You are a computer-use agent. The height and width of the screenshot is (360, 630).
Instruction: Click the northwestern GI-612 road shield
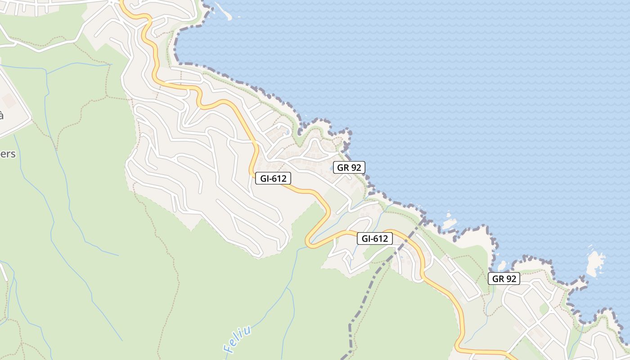pos(273,178)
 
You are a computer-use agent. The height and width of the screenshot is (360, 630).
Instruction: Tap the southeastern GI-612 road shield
pos(375,238)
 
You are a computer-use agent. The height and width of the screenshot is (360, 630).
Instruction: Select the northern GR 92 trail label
pos(349,167)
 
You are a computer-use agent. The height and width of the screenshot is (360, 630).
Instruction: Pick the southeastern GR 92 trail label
pos(504,279)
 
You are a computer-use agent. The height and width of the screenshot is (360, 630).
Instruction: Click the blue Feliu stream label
pos(237,339)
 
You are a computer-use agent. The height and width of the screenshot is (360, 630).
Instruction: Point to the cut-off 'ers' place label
pos(8,154)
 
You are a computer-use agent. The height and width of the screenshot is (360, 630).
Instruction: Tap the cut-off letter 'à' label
pos(1,115)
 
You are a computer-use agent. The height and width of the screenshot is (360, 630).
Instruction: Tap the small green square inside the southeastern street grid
pos(544,308)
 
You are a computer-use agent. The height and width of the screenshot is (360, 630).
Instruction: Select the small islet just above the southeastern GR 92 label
pos(502,265)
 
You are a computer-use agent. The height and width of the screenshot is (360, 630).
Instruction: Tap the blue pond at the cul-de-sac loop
pos(286,132)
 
